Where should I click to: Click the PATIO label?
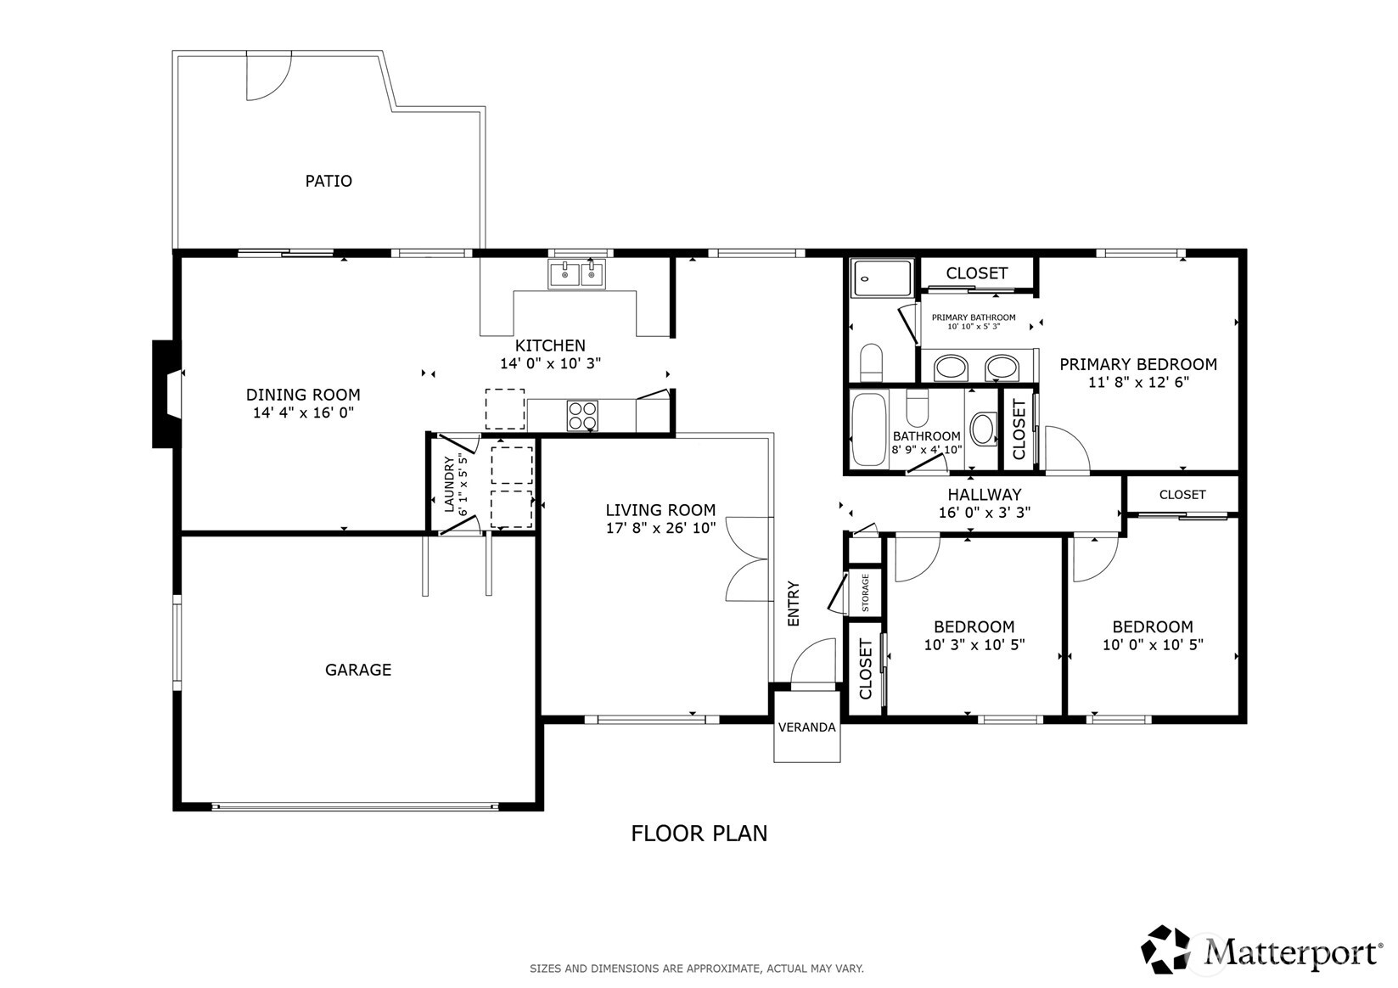click(328, 181)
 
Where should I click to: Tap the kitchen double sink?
click(576, 274)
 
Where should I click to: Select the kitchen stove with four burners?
click(581, 415)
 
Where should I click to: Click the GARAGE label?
click(358, 670)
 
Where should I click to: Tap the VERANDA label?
click(806, 727)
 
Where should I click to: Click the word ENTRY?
click(794, 603)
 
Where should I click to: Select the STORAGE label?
click(865, 592)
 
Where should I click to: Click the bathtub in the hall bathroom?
click(869, 429)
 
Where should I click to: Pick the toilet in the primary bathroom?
click(871, 362)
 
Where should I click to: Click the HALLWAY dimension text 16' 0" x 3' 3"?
click(985, 513)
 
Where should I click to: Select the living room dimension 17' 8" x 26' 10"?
click(660, 528)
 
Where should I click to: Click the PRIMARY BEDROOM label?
click(1138, 364)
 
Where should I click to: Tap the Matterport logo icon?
click(1165, 949)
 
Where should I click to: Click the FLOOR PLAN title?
click(699, 834)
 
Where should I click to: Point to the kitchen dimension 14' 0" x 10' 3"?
click(551, 363)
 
